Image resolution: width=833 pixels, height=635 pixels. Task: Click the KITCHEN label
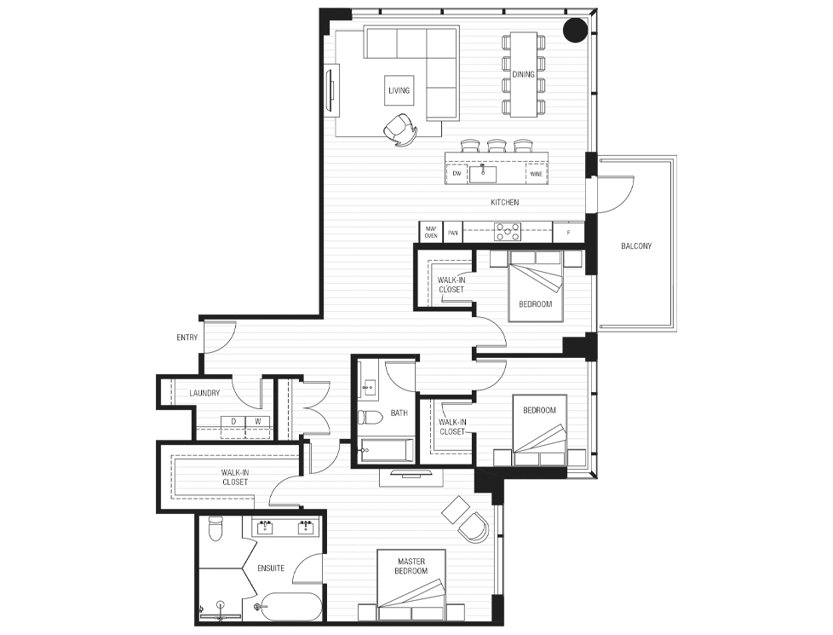(504, 203)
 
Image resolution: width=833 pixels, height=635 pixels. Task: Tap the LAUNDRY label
(204, 393)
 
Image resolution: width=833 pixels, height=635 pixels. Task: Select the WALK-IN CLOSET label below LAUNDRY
(235, 477)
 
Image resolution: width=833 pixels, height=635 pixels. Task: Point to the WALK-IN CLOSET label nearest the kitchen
(451, 285)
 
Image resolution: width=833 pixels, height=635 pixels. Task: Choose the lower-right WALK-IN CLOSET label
(452, 426)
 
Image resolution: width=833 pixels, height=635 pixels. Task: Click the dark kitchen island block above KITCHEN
(497, 168)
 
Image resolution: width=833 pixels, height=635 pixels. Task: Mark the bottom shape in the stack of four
(523, 108)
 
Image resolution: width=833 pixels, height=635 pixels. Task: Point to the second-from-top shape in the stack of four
(523, 64)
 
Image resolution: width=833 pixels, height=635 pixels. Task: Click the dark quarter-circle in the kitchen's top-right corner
(575, 32)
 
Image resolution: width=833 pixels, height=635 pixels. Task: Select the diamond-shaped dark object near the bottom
(453, 509)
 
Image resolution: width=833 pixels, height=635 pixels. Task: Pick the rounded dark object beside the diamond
(474, 528)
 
